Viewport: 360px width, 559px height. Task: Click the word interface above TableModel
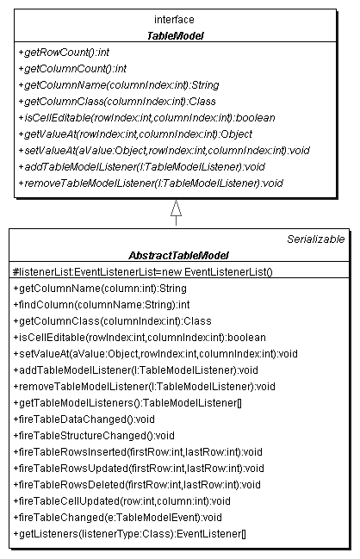174,19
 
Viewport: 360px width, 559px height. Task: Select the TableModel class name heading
175,35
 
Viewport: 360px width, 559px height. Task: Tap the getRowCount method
64,53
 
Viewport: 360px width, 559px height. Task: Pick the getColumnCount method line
72,69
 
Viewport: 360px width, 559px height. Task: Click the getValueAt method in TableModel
135,134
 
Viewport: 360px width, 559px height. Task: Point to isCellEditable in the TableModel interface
147,118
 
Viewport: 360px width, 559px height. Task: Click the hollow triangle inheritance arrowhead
176,208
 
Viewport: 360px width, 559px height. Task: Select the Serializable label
316,239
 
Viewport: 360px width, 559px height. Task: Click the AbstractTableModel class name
178,255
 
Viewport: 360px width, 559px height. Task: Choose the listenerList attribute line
143,272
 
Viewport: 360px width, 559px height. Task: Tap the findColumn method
102,305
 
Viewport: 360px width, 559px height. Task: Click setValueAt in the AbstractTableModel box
155,354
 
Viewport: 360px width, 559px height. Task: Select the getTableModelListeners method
127,403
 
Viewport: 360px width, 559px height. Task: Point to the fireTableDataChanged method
84,419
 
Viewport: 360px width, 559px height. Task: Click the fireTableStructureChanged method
94,436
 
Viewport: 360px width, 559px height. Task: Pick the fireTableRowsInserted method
138,452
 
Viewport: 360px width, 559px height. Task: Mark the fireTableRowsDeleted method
137,485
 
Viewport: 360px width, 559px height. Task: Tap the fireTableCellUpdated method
122,501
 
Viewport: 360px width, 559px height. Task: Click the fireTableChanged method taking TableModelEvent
118,518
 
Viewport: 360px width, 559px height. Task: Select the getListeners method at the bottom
130,534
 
